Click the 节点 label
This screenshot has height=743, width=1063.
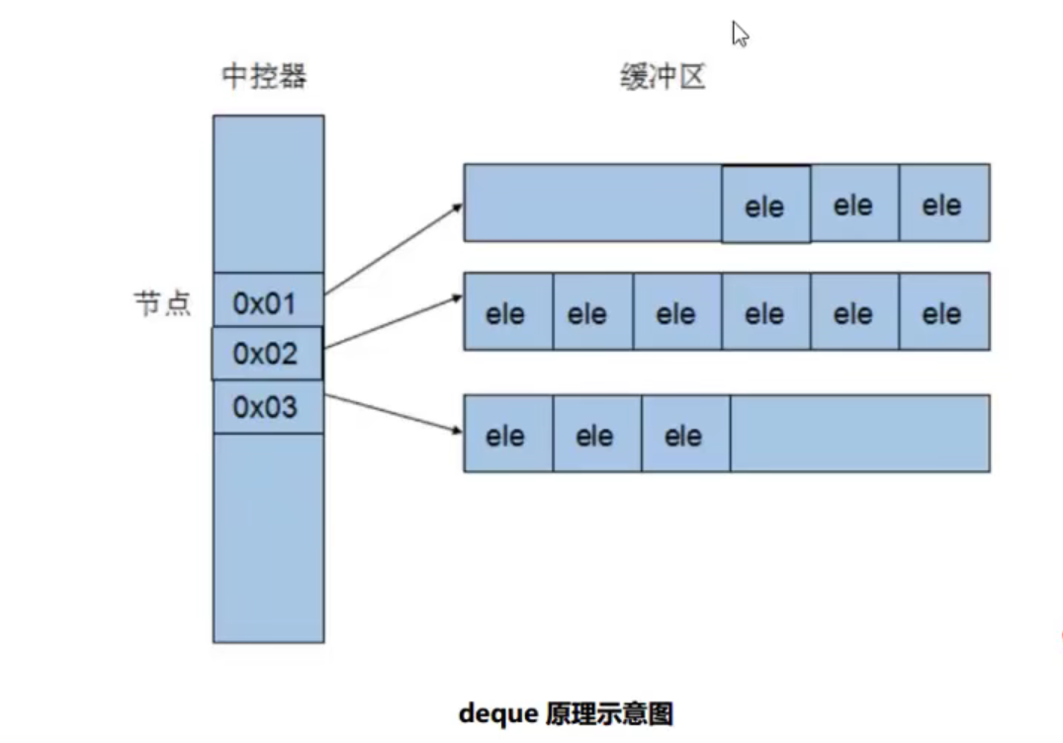[162, 303]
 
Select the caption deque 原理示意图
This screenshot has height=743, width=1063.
[566, 713]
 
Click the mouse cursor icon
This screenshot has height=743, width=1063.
[740, 35]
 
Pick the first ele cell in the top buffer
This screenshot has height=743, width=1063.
[765, 205]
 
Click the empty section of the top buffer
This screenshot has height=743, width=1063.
[592, 203]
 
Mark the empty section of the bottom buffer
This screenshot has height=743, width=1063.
[859, 434]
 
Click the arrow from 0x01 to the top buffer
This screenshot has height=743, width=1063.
[394, 249]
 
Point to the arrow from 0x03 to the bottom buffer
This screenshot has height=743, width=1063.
[394, 413]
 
